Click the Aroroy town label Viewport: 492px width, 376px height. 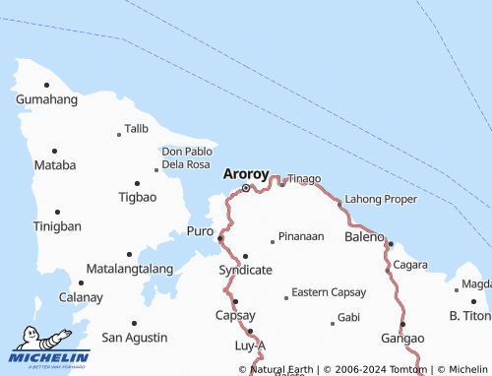click(246, 173)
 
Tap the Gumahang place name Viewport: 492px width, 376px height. click(46, 100)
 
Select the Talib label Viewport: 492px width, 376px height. click(136, 129)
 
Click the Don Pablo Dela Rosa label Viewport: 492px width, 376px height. click(186, 157)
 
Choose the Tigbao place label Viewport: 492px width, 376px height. click(137, 197)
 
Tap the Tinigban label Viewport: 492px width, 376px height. click(56, 226)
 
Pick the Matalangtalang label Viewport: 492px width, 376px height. click(130, 268)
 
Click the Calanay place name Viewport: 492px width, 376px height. click(81, 297)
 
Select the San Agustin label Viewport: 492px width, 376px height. click(135, 338)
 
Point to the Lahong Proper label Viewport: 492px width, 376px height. click(382, 199)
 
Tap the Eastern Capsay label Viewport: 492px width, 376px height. click(329, 292)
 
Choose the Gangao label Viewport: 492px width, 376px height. click(402, 338)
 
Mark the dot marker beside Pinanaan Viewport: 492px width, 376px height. click(273, 241)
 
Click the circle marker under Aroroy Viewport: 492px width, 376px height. click(245, 187)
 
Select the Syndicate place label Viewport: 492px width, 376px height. click(245, 270)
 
